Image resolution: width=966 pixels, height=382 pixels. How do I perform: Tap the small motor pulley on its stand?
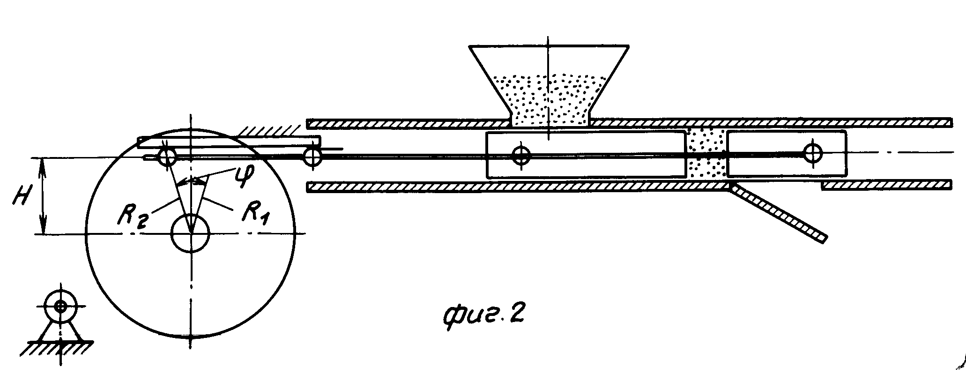(x=60, y=307)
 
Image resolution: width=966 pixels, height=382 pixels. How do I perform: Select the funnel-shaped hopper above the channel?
(x=549, y=84)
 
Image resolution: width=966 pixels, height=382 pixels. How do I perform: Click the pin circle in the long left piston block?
(x=520, y=155)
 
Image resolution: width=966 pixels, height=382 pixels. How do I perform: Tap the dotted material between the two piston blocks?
(x=706, y=152)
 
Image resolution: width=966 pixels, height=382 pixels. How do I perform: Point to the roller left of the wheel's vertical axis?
(x=166, y=157)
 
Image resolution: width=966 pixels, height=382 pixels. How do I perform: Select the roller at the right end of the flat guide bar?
(x=312, y=156)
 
